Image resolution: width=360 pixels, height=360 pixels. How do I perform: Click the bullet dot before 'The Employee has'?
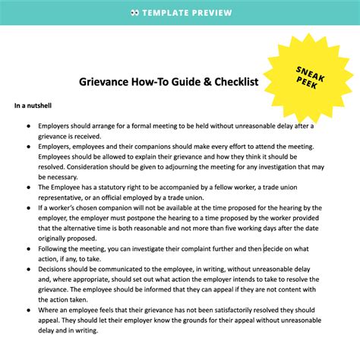point(29,187)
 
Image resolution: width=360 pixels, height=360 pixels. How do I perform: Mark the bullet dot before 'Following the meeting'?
point(29,247)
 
